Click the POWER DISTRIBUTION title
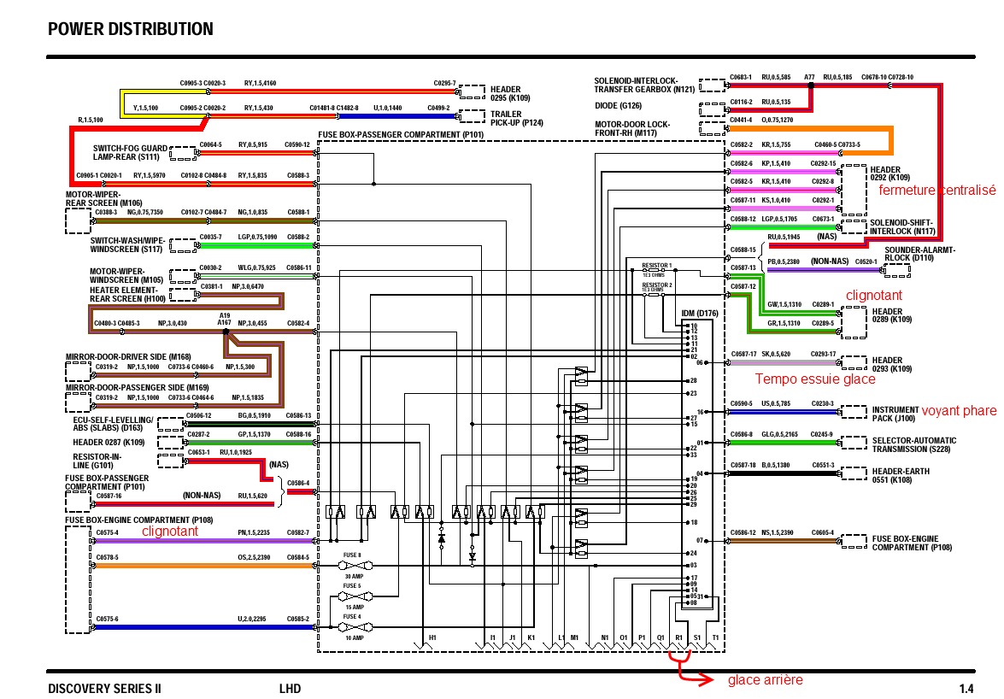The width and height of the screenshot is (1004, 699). (131, 30)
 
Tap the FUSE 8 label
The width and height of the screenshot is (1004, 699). (352, 555)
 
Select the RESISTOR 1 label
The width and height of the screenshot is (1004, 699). (657, 266)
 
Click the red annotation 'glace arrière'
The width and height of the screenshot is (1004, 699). (765, 680)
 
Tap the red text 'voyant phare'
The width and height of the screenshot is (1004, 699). (959, 411)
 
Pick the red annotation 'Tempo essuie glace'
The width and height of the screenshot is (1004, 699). (815, 379)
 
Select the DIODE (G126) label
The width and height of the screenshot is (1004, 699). (618, 107)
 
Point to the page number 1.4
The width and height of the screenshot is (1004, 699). (966, 689)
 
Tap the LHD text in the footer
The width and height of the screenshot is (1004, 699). (290, 689)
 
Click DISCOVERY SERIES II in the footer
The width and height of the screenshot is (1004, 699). (104, 689)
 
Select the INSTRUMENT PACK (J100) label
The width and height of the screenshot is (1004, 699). (894, 414)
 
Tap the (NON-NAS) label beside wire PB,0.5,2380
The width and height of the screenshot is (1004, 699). (831, 261)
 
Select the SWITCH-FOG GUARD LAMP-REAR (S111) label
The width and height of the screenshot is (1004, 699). (130, 152)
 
